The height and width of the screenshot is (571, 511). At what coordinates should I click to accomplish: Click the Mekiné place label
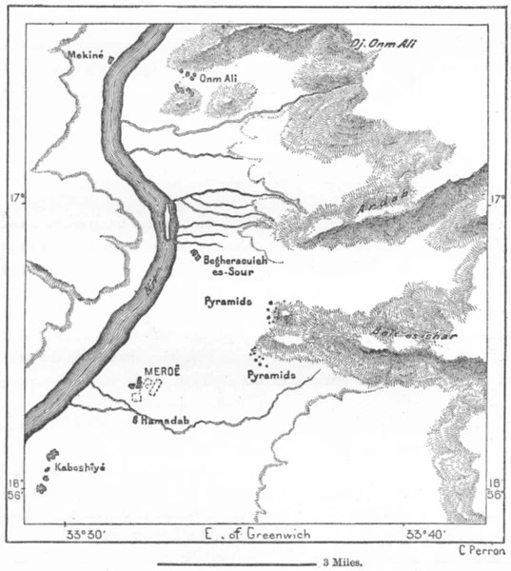(84, 56)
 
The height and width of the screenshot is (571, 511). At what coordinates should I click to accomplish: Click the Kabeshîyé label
(79, 469)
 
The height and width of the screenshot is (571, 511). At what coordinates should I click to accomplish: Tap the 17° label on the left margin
(17, 202)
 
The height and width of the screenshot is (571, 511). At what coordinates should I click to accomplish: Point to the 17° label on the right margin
(495, 202)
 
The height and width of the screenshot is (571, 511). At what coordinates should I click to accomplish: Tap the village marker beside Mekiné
(111, 60)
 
